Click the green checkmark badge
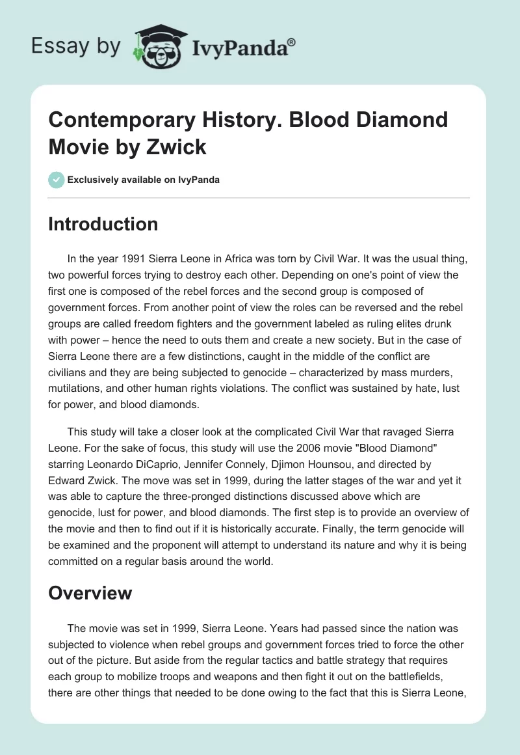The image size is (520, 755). (x=56, y=180)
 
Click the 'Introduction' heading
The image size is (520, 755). (x=103, y=224)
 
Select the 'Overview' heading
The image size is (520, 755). (x=90, y=593)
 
